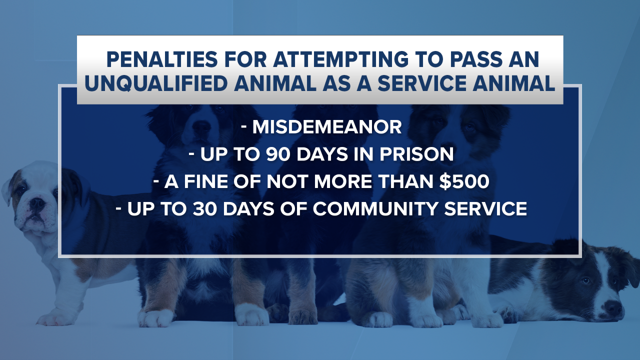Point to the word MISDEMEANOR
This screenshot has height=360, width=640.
tap(327, 127)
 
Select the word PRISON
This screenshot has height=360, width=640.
tap(417, 154)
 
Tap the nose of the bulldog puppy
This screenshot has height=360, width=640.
tap(36, 203)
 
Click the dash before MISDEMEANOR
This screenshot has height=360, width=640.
tap(244, 127)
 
